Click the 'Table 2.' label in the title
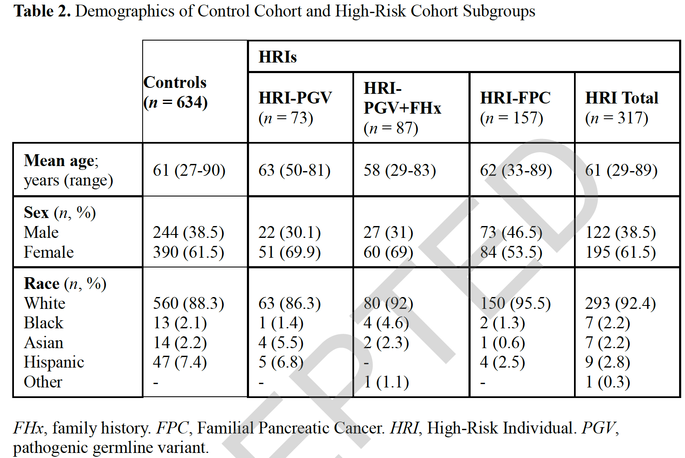42,11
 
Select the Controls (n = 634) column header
176,92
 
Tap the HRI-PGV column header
295,107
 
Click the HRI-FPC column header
515,107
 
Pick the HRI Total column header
622,107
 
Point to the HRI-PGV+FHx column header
403,107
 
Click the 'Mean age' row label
61,161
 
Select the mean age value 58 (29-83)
400,170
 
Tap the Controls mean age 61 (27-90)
189,170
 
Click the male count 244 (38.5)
188,232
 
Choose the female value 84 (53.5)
511,252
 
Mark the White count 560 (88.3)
188,303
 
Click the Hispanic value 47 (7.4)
180,362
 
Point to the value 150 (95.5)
515,303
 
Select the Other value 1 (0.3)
608,382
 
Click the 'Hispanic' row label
54,363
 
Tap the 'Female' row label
49,252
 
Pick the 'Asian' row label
43,343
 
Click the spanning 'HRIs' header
277,57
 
